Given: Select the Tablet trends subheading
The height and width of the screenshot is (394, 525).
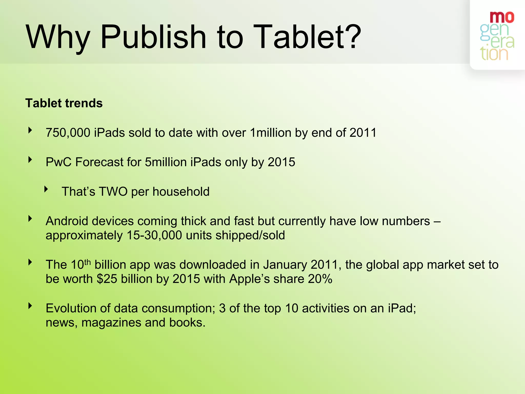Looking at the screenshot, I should [64, 103].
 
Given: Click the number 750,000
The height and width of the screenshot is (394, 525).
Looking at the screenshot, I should [68, 133].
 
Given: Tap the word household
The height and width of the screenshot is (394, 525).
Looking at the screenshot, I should [181, 192].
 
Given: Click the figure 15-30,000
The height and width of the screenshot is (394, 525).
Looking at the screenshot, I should [154, 235].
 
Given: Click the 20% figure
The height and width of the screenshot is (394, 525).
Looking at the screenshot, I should [320, 279].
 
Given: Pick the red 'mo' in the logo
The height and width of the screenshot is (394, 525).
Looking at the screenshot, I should [502, 17].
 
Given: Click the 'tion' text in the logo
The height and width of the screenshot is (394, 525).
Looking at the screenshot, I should [494, 54].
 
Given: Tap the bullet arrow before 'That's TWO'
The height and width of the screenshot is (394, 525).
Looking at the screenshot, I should [46, 189].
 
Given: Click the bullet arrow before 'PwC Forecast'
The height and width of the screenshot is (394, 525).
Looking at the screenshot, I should [30, 160].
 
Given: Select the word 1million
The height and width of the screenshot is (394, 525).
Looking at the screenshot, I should [270, 133].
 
